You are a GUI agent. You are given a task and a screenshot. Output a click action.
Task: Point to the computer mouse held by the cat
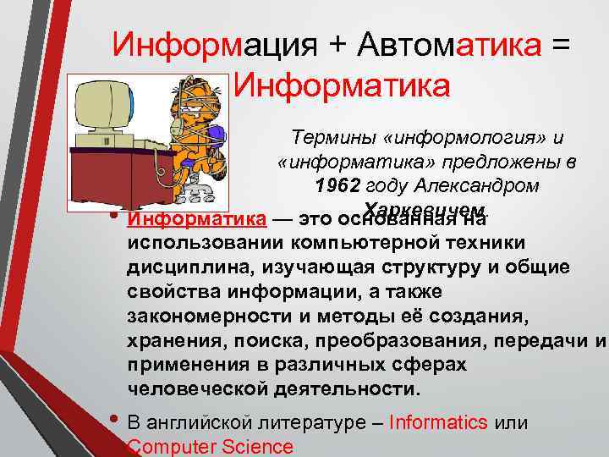tap(211, 135)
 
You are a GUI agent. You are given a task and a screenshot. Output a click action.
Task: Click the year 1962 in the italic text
tap(340, 184)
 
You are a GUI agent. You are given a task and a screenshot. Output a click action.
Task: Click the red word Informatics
tap(438, 421)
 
